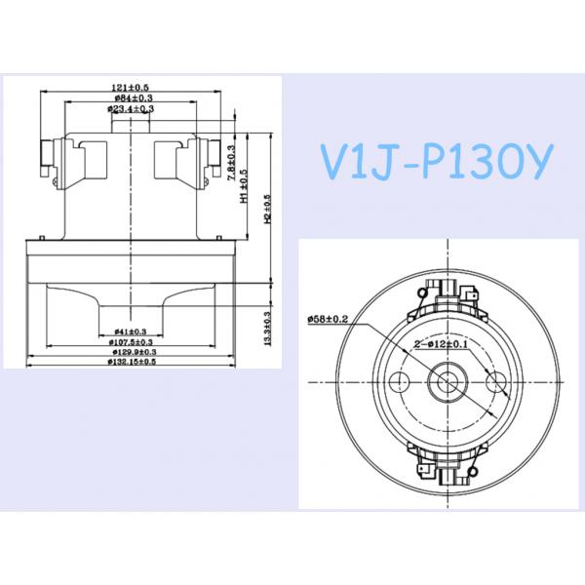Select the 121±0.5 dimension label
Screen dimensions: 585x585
pos(130,89)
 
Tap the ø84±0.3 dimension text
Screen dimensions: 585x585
pos(130,99)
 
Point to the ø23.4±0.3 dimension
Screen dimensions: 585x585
pos(130,110)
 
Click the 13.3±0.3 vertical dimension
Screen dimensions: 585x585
pos(266,325)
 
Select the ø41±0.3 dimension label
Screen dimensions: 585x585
pos(130,331)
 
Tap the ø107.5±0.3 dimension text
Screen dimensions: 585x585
pos(130,342)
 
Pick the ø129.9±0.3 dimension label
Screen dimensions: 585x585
pos(130,352)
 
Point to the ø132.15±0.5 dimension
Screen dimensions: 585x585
pos(130,362)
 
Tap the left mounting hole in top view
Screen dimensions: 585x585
pos(400,379)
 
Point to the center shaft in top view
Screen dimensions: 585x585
pos(448,379)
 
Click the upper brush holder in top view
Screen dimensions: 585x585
pos(448,292)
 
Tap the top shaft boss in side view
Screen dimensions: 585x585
pos(131,127)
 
